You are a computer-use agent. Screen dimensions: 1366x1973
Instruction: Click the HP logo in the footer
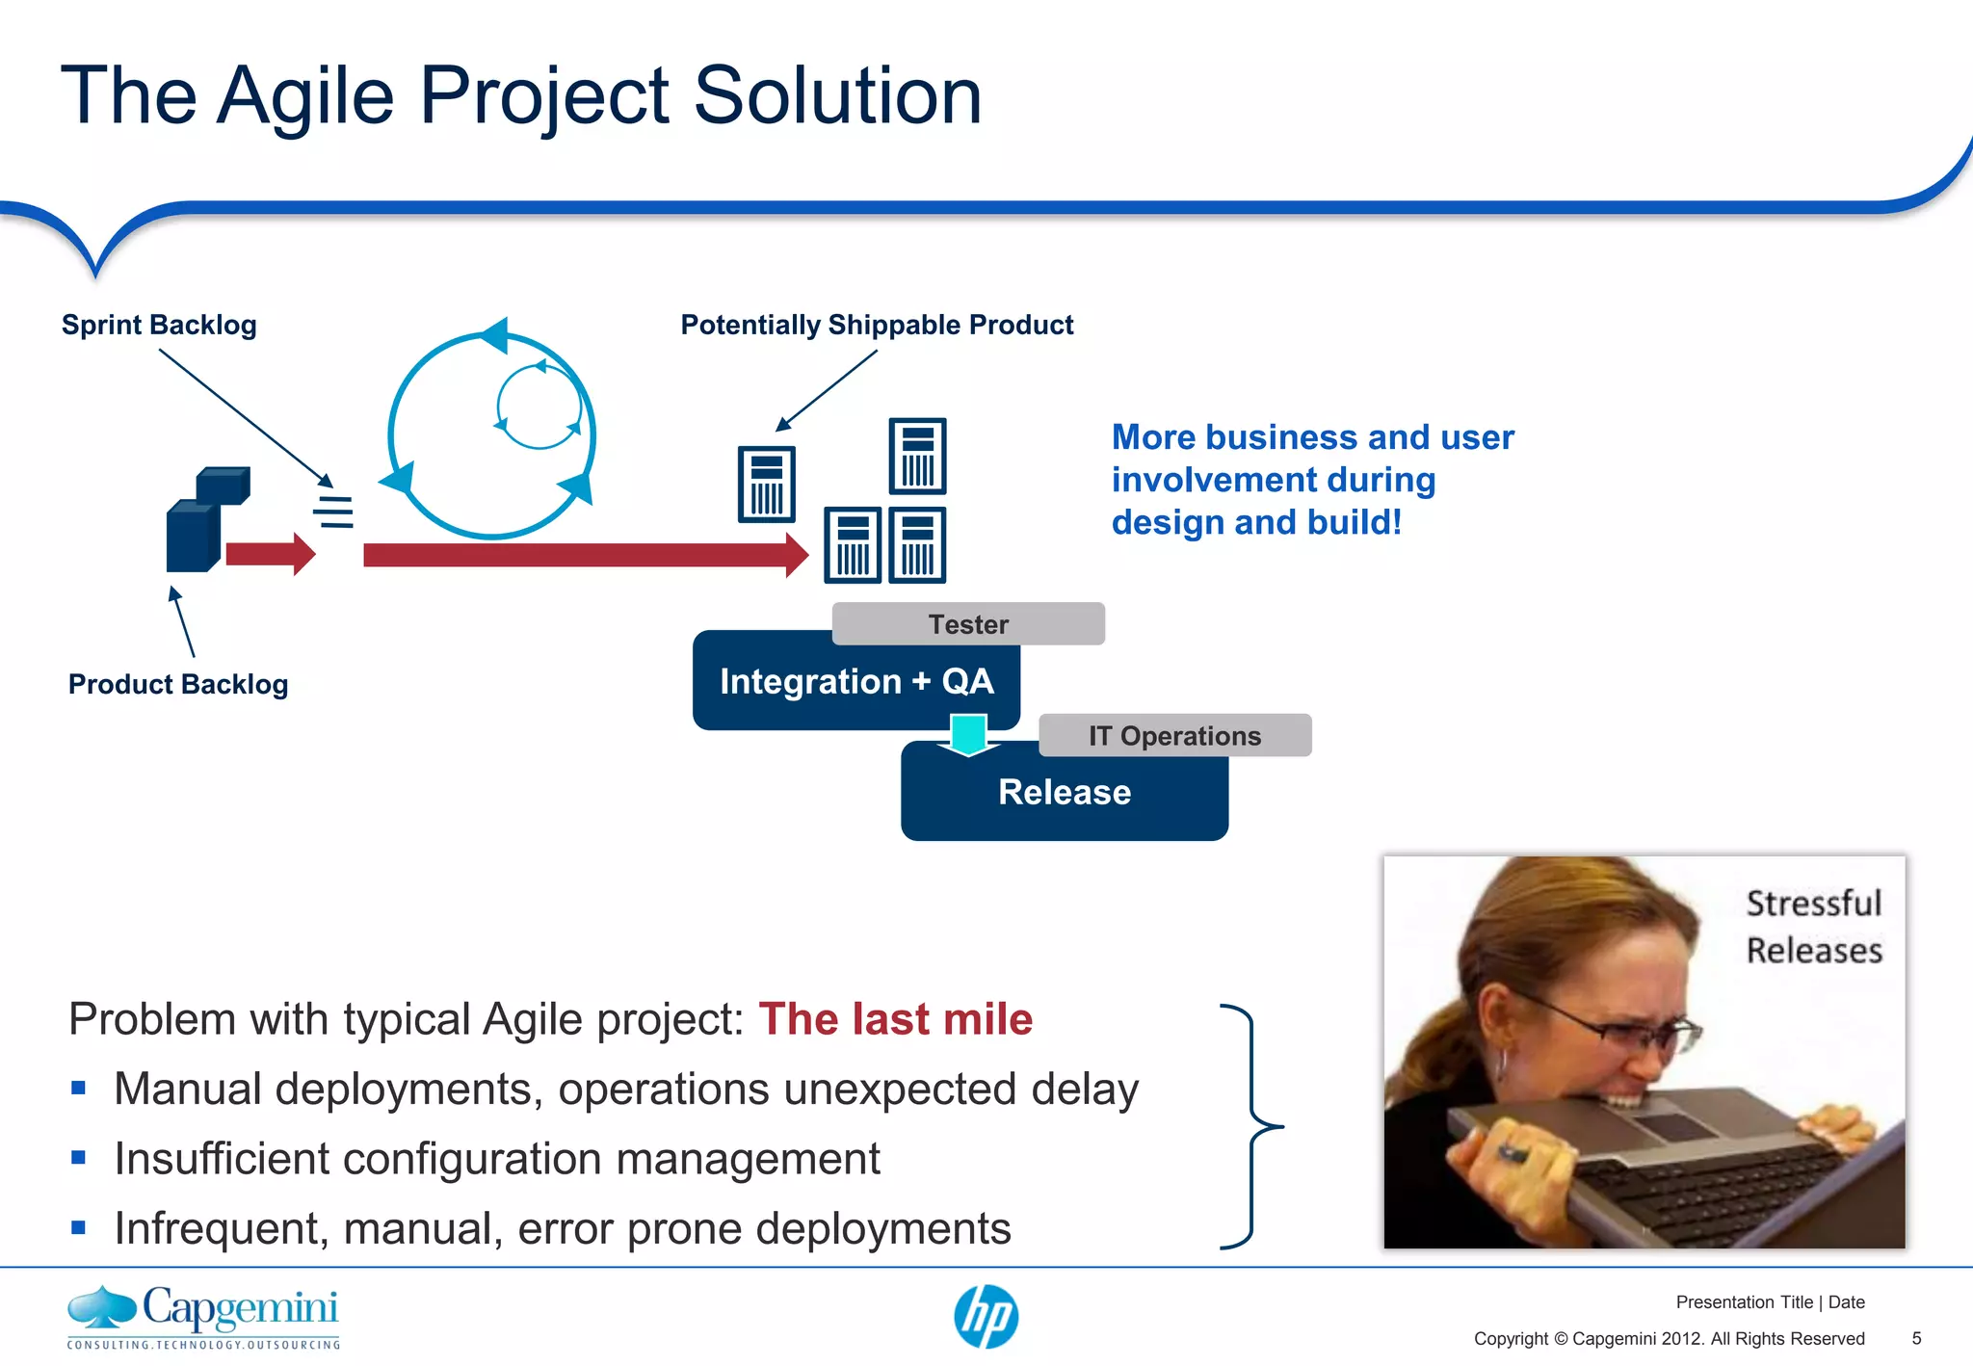point(986,1316)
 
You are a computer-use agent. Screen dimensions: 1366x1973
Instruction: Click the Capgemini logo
point(203,1316)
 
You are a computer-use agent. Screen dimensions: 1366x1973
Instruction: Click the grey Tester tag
point(967,624)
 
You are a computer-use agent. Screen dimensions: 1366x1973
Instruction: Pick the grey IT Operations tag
point(1174,736)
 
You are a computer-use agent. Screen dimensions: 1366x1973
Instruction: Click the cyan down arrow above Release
point(968,735)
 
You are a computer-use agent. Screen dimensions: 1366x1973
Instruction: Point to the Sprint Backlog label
point(159,325)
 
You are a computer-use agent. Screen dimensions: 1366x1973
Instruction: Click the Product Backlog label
point(178,684)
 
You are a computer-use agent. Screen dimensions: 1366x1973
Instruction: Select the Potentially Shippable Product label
point(877,325)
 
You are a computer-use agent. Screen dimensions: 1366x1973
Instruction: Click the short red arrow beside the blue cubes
point(270,554)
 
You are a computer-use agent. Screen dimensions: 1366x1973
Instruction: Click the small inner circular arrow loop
point(539,406)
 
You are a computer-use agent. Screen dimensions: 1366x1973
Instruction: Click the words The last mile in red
point(895,1019)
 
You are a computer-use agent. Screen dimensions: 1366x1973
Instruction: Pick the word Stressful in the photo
point(1813,904)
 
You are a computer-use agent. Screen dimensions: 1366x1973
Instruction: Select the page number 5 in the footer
point(1916,1338)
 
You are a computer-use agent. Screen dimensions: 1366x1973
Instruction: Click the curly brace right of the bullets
point(1251,1125)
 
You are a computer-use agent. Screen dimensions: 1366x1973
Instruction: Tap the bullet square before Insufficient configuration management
point(79,1158)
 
